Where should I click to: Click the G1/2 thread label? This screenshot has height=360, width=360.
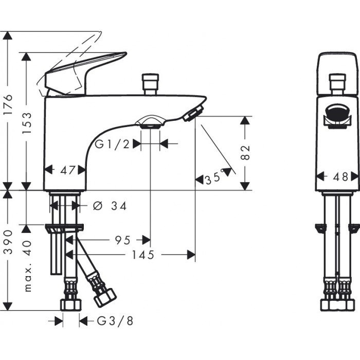pyautogui.click(x=112, y=145)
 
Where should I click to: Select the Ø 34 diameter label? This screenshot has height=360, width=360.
pyautogui.click(x=110, y=206)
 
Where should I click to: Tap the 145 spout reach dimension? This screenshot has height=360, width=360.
pyautogui.click(x=143, y=255)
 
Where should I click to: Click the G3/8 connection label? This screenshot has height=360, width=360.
pyautogui.click(x=115, y=321)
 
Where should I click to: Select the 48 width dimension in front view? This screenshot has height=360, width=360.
pyautogui.click(x=337, y=176)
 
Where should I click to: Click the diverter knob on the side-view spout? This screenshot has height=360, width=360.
pyautogui.click(x=150, y=84)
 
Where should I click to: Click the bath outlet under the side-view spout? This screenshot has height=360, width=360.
pyautogui.click(x=150, y=122)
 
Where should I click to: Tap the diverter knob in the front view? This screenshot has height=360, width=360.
pyautogui.click(x=337, y=83)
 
